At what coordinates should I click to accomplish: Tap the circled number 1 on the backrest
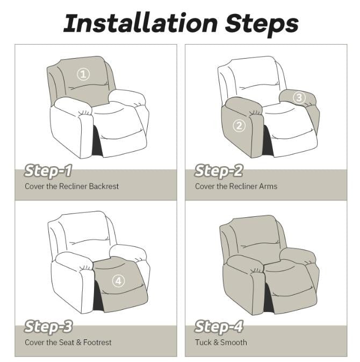pos(83,74)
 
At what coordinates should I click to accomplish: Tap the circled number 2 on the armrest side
pos(239,126)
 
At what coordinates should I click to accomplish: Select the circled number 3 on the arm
pos(299,97)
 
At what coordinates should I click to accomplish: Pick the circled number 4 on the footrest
pos(119,281)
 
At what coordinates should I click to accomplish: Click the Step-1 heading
pos(48,172)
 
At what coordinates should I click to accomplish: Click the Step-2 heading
pos(218,172)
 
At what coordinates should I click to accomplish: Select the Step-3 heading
pos(49,326)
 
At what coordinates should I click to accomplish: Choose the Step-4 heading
pos(219,326)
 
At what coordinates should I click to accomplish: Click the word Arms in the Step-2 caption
pos(267,187)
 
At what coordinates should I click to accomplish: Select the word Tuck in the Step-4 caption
pos(203,342)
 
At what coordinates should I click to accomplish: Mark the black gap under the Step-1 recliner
pos(96,142)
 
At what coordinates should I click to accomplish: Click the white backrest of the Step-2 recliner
pos(248,78)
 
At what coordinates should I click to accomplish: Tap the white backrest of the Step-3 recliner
pos(81,231)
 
